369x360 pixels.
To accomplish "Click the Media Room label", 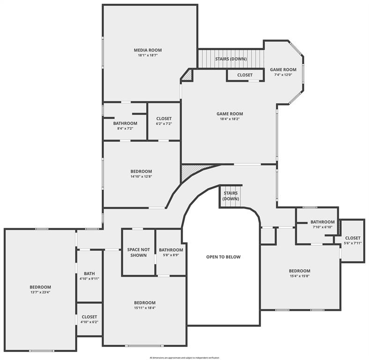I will point(148,50).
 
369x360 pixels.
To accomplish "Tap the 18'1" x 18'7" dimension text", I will point(148,55).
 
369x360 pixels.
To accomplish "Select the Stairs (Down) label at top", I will point(231,59).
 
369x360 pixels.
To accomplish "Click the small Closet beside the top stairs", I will point(244,75).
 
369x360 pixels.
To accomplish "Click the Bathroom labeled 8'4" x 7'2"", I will point(125,123).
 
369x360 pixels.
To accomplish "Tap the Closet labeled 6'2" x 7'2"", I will point(164,119).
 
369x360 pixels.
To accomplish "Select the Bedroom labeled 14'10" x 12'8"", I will point(141,172).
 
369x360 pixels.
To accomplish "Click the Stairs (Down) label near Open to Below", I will point(230,193).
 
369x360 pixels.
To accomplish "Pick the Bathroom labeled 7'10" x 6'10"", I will point(322,222).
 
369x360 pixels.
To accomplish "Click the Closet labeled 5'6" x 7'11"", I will point(353,238).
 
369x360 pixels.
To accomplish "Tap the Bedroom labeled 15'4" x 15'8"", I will point(299,270).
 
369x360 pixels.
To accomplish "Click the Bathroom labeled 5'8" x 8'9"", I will point(170,250).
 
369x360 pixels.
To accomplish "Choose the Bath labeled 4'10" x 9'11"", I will point(89,273).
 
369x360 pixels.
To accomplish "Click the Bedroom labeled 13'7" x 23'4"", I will point(40,287).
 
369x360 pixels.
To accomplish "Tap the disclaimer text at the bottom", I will point(184,357).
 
